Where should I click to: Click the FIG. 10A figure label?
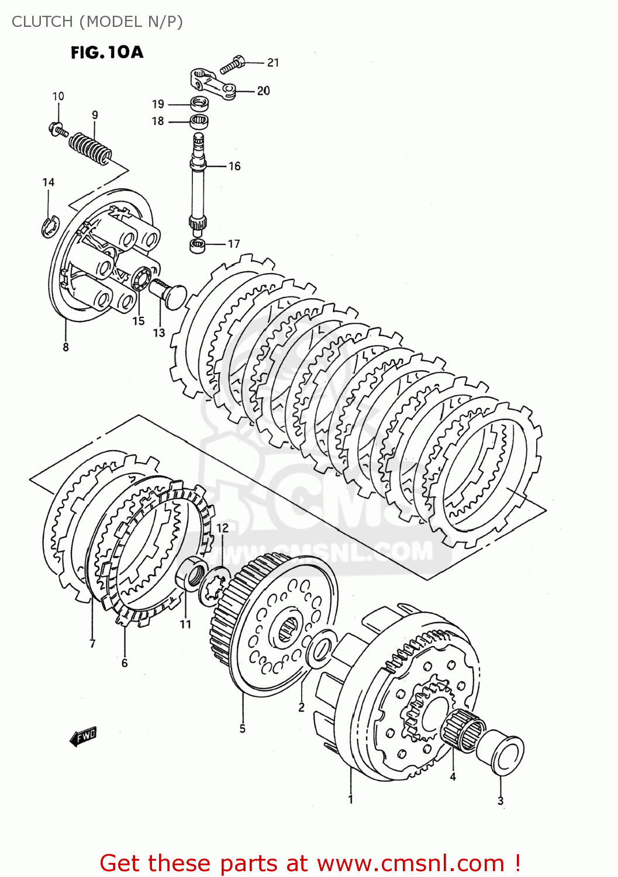(x=107, y=53)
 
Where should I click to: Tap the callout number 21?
(x=273, y=63)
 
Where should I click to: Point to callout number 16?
(x=234, y=167)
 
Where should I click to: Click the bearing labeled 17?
(x=198, y=245)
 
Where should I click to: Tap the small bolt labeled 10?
(x=58, y=129)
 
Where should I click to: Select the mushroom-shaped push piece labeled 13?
(x=168, y=292)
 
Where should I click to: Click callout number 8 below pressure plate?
(x=65, y=347)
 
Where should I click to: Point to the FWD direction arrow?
(x=83, y=737)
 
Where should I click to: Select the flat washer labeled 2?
(x=320, y=648)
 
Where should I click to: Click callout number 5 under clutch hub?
(x=242, y=728)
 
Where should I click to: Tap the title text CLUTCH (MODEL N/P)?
(x=97, y=22)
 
